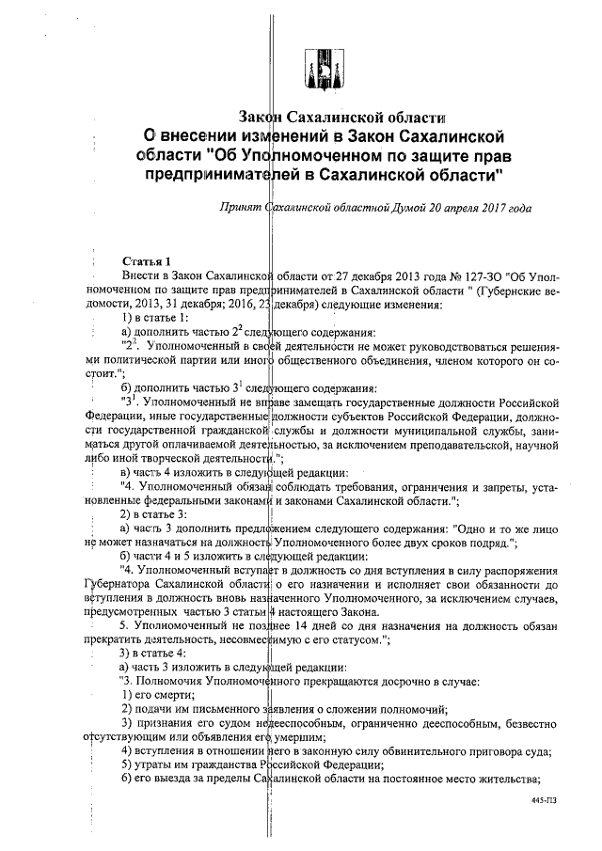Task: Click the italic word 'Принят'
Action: click(239, 206)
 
